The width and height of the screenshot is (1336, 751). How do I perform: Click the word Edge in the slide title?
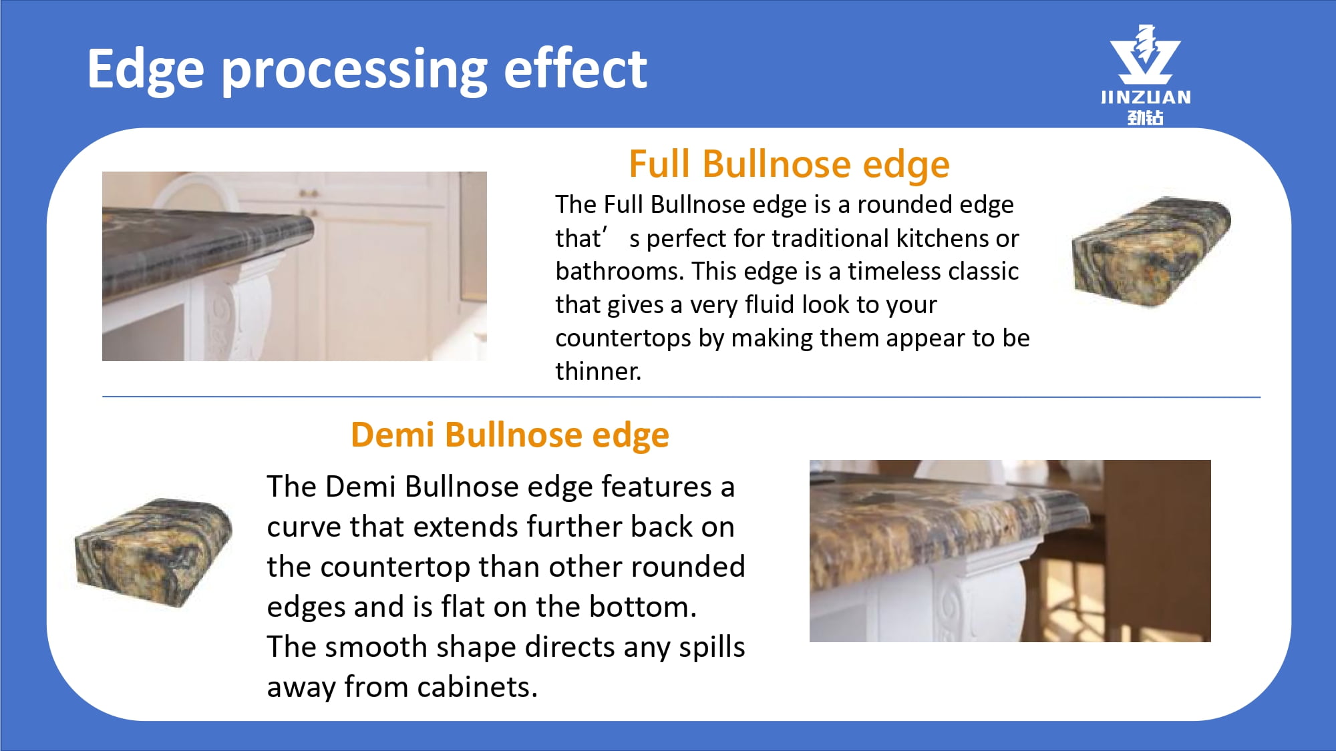tap(146, 70)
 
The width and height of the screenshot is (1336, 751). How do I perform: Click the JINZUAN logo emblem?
tap(1145, 55)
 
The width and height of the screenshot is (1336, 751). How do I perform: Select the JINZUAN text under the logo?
tap(1146, 97)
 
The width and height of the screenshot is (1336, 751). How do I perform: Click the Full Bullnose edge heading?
tap(789, 165)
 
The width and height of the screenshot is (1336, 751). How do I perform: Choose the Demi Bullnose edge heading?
tap(510, 435)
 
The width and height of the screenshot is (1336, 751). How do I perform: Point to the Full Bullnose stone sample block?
tap(1151, 252)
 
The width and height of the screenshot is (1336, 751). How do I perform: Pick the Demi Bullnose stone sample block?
tap(154, 552)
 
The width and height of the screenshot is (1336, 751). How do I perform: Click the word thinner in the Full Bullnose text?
tap(598, 371)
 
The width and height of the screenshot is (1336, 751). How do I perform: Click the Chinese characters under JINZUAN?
tap(1146, 117)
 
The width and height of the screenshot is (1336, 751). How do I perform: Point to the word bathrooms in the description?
tap(619, 271)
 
